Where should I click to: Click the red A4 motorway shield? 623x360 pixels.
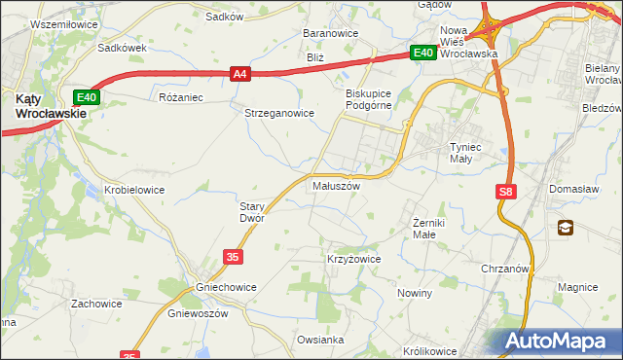[x=241, y=72]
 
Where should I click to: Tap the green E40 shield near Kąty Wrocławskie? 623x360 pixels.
[x=87, y=97]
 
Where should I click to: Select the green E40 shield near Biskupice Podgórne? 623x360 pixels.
[x=421, y=54]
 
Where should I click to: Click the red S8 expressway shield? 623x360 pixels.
[x=504, y=193]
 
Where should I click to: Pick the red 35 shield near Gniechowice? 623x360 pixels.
[x=232, y=256]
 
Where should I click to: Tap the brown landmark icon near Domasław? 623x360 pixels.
[x=566, y=228]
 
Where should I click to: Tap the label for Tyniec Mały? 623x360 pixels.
[x=459, y=154]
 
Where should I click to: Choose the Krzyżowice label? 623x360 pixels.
[x=352, y=260]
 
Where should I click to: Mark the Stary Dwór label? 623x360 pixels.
[x=252, y=212]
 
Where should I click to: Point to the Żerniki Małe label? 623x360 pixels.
[x=423, y=228]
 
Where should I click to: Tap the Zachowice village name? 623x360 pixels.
[x=96, y=304]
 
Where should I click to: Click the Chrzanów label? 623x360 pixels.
[x=504, y=268]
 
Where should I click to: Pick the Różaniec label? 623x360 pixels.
[x=179, y=97]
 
